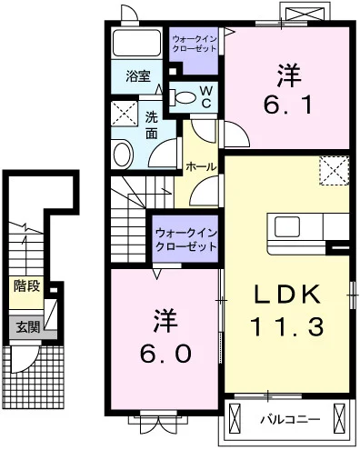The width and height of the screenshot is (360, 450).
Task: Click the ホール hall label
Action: [x=200, y=167]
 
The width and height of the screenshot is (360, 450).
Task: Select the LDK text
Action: [x=285, y=295]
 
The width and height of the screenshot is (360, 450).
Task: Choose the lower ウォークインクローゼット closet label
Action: [x=185, y=238]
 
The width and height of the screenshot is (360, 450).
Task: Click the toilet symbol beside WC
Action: [x=184, y=95]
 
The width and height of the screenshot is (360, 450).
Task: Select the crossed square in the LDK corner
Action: [x=334, y=171]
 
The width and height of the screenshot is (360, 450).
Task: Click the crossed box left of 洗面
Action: [x=125, y=115]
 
